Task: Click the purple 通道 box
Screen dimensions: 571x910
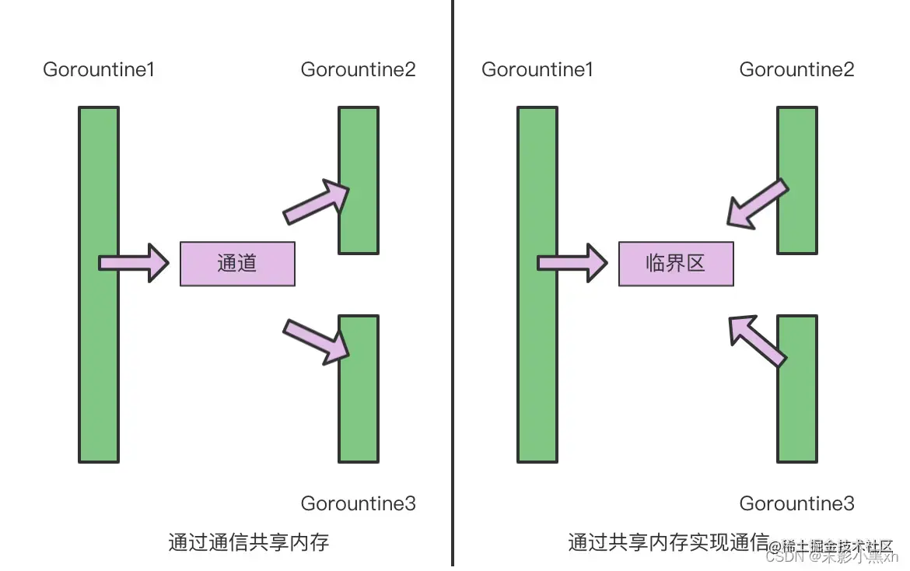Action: (237, 264)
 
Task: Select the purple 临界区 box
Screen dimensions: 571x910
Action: (676, 264)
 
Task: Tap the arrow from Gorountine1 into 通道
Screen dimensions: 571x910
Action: (134, 263)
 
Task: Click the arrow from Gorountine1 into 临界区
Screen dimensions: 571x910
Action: (572, 263)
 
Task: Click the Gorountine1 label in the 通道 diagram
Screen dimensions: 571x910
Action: (99, 69)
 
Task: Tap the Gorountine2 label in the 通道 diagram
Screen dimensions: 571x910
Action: (359, 69)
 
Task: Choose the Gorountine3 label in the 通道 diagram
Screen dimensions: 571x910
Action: (359, 503)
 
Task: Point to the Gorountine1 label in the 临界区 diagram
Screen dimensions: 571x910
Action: (537, 69)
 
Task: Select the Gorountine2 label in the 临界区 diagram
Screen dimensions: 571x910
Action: (797, 69)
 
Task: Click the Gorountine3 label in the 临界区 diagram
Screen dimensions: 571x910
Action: (797, 503)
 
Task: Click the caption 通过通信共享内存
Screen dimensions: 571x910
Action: (249, 541)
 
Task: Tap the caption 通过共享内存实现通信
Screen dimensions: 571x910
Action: (668, 541)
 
